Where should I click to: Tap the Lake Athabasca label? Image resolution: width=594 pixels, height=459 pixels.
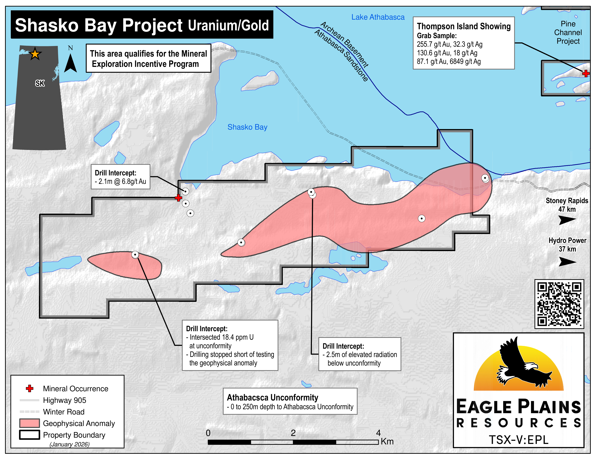(x=378, y=17)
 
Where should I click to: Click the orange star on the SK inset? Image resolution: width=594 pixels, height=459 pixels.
(x=35, y=54)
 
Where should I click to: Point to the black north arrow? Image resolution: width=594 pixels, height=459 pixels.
(x=70, y=63)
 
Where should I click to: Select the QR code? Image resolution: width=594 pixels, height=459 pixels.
(x=559, y=304)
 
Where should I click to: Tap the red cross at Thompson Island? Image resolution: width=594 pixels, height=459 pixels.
(x=586, y=73)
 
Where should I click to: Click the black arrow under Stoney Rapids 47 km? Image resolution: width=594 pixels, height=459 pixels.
(x=567, y=220)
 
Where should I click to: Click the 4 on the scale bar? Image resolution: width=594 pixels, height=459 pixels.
(x=378, y=433)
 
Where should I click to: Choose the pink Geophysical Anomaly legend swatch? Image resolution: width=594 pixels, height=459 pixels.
(x=29, y=423)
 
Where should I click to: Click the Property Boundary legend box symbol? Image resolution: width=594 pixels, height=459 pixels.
(x=29, y=435)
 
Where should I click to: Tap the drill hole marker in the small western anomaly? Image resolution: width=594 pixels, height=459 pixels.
(x=135, y=255)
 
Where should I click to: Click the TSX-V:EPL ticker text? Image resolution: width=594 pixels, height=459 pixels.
(x=519, y=439)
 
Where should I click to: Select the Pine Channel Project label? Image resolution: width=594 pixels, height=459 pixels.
(x=568, y=33)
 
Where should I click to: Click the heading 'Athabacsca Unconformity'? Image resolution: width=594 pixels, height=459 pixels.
(x=273, y=398)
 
